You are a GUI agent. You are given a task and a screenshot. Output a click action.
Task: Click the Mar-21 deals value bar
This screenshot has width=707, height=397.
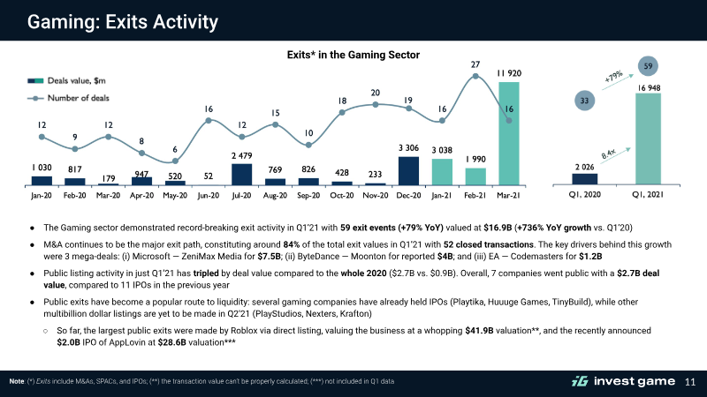509,133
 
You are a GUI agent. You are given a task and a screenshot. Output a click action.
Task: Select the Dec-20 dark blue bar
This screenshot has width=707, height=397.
408,170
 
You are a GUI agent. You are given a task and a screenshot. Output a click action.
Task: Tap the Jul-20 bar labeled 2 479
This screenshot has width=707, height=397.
241,174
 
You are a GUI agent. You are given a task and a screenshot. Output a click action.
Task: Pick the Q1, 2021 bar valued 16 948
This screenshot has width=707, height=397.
648,139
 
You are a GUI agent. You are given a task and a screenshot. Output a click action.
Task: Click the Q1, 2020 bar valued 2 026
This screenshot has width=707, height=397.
585,179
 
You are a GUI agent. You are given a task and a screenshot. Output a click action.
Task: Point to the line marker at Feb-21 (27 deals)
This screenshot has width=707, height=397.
475,77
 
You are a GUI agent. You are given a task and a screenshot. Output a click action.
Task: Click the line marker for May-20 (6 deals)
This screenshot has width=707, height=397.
175,161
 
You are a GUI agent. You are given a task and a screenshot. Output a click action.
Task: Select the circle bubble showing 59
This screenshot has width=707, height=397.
648,66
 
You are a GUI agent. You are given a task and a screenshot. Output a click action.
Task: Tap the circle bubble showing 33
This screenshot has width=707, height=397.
584,101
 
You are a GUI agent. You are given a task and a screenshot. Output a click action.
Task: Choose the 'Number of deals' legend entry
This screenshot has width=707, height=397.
68,98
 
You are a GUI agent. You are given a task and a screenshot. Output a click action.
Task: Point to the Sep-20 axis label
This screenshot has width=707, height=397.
308,195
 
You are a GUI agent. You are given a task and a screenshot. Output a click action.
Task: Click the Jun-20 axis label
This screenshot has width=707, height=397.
209,195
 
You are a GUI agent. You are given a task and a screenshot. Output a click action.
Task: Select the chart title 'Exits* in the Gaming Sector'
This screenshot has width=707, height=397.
353,55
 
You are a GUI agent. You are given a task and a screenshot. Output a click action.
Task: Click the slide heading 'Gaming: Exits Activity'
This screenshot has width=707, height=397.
123,21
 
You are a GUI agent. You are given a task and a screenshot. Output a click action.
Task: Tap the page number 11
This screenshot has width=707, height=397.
690,382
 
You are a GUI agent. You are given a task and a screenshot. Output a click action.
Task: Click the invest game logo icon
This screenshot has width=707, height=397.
580,382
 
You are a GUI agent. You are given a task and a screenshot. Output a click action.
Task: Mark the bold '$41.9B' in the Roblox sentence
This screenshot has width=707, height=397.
479,330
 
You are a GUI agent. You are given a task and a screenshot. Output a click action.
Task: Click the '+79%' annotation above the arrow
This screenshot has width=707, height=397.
613,76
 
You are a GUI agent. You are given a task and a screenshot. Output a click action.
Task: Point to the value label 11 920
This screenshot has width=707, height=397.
509,73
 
